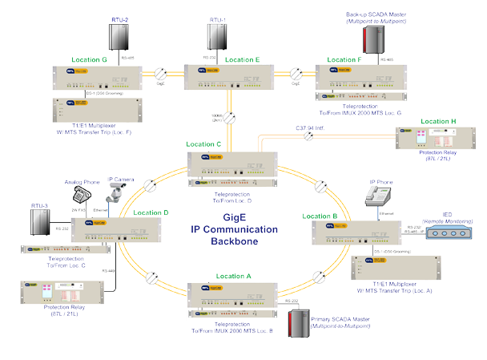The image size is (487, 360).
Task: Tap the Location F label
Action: [344, 59]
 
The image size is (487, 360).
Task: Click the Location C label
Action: [203, 144]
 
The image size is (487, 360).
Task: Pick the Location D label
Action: [151, 212]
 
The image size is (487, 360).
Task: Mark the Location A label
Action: [233, 276]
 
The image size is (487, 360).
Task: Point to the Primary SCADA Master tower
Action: [300, 328]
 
